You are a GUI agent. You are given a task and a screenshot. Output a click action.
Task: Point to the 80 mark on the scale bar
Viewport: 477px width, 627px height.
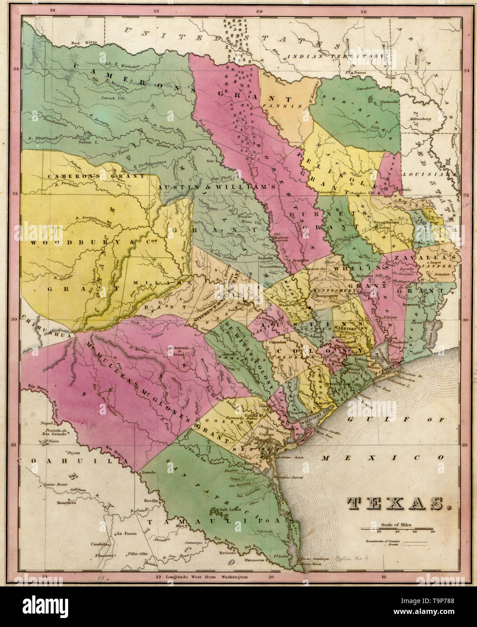(433, 533)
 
